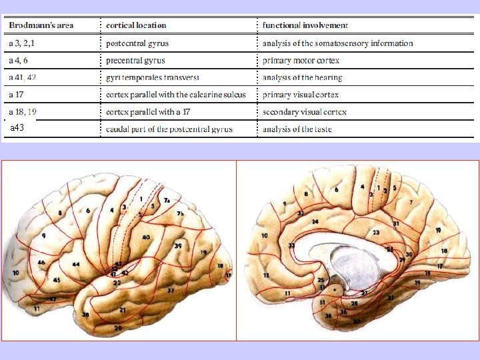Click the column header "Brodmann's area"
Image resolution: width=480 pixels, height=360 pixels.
(x=41, y=25)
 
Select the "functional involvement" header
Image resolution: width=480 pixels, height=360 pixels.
(x=305, y=25)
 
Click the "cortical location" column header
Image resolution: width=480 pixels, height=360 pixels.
(x=136, y=25)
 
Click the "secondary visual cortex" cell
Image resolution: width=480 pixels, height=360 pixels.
(x=305, y=112)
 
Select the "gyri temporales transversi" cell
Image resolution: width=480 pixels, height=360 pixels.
(x=157, y=77)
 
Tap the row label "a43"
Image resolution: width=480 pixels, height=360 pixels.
(x=17, y=127)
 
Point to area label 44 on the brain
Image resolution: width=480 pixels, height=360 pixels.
(x=76, y=265)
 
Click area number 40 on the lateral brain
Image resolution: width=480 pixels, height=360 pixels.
(x=146, y=237)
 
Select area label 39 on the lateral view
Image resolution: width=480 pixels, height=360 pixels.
(x=178, y=246)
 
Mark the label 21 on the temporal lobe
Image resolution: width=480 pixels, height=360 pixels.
(x=123, y=310)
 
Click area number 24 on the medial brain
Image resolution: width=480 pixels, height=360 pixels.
(x=315, y=221)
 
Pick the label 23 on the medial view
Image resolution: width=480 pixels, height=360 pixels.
(x=376, y=233)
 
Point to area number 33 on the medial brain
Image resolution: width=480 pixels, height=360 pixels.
(x=292, y=245)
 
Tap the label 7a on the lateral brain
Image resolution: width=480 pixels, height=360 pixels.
(x=168, y=200)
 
